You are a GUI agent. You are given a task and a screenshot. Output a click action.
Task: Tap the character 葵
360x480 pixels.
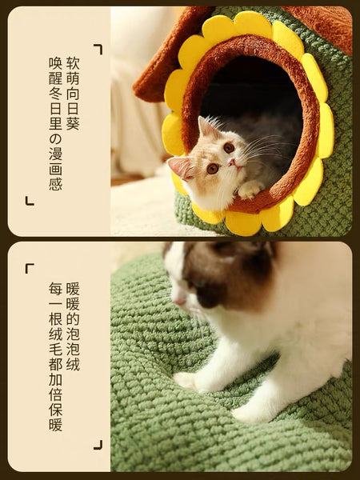coord(73,126)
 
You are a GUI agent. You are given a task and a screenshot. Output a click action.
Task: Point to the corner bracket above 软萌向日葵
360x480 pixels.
coord(98,49)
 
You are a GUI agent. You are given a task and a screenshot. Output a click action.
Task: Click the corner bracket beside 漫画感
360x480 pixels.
coord(30,201)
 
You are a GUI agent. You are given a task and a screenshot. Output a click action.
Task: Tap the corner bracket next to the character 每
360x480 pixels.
coord(30,269)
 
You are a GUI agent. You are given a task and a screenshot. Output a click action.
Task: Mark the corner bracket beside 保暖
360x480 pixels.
coord(98,443)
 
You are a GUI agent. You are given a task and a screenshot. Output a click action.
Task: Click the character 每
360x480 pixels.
coord(55,289)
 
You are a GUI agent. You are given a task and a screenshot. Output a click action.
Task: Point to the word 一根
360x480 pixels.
coord(55,311)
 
